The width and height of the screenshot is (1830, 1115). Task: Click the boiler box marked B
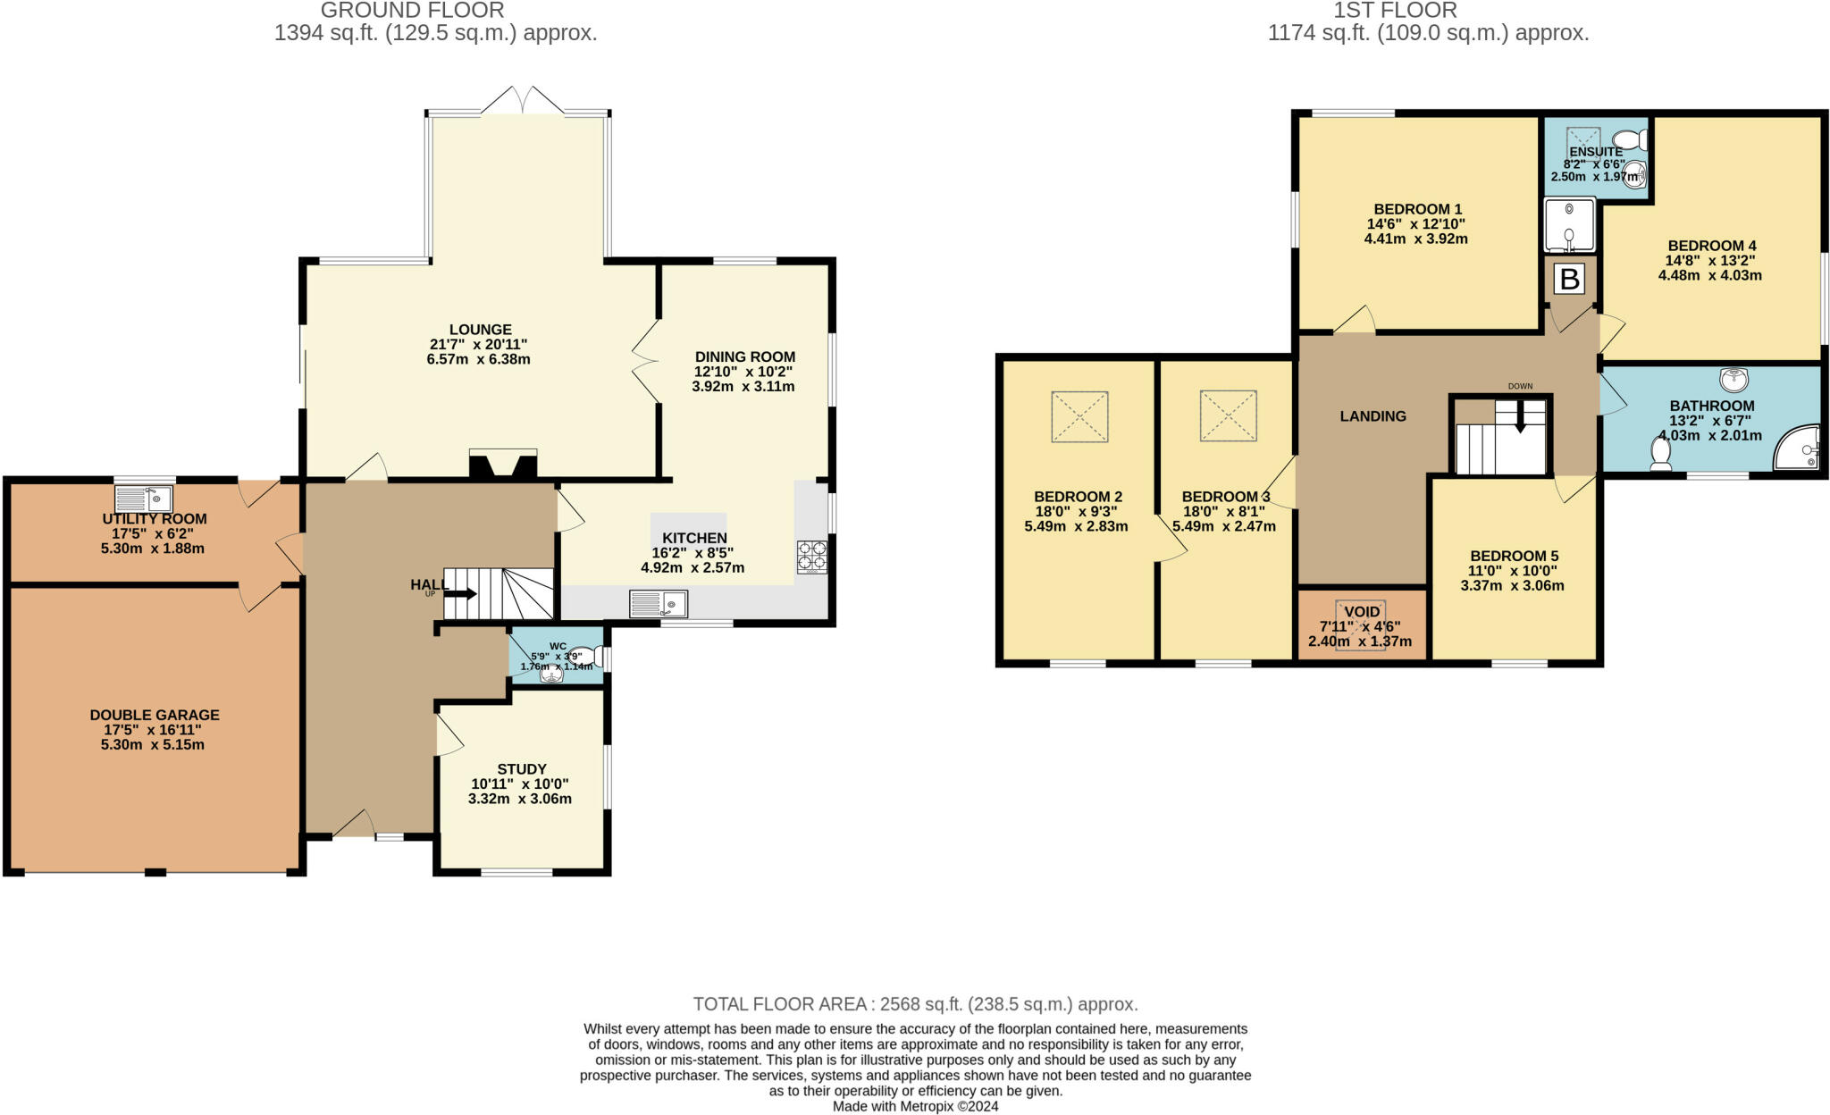[1569, 280]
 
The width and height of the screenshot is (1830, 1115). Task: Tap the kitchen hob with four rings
[811, 556]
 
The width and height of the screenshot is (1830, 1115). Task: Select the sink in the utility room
[144, 498]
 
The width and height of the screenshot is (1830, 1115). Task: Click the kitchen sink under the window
[659, 604]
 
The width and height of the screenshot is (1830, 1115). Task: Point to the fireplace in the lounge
[503, 465]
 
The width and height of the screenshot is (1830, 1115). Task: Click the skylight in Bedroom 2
[1079, 416]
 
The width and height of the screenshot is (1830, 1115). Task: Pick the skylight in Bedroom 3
[1228, 415]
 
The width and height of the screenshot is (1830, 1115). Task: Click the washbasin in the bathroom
[1733, 379]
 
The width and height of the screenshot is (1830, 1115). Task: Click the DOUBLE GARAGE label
[155, 715]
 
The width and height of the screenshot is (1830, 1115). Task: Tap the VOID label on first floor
[1362, 612]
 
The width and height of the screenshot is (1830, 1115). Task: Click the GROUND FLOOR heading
[412, 11]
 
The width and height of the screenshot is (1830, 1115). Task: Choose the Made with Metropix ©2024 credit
[915, 1106]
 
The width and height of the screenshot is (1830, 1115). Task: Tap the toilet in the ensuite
[1633, 140]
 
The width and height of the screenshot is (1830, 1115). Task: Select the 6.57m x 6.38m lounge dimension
[479, 359]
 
